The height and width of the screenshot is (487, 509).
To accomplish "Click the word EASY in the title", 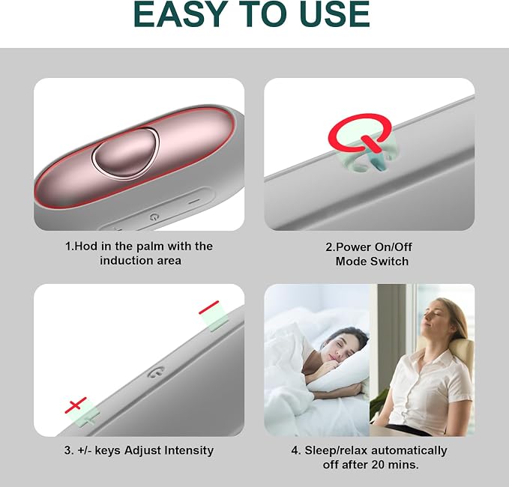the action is [x=181, y=14].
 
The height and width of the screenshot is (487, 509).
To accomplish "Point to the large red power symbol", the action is [x=360, y=133].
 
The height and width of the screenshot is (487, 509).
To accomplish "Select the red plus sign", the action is [x=76, y=405].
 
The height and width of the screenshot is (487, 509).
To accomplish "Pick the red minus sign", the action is [x=208, y=307].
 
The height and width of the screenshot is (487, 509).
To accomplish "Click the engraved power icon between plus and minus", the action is [x=156, y=372].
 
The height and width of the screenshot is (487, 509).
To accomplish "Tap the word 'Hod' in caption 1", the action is [x=86, y=246].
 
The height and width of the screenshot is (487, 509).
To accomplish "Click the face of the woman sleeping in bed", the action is [x=341, y=351].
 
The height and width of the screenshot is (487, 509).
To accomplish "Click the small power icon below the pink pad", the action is [x=154, y=217].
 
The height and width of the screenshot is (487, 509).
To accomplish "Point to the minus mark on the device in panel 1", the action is [x=194, y=202].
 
